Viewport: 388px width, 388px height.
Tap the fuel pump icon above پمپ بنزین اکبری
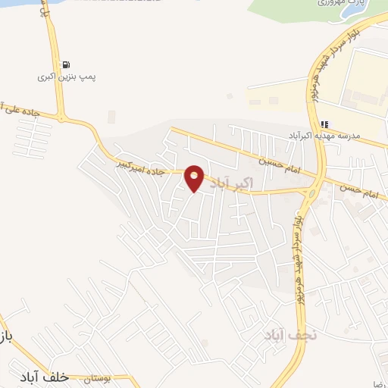67,65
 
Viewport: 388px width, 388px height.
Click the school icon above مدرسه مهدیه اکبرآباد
324,124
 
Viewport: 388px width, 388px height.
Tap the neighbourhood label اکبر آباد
227,183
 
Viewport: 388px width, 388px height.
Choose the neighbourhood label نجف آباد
286,334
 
